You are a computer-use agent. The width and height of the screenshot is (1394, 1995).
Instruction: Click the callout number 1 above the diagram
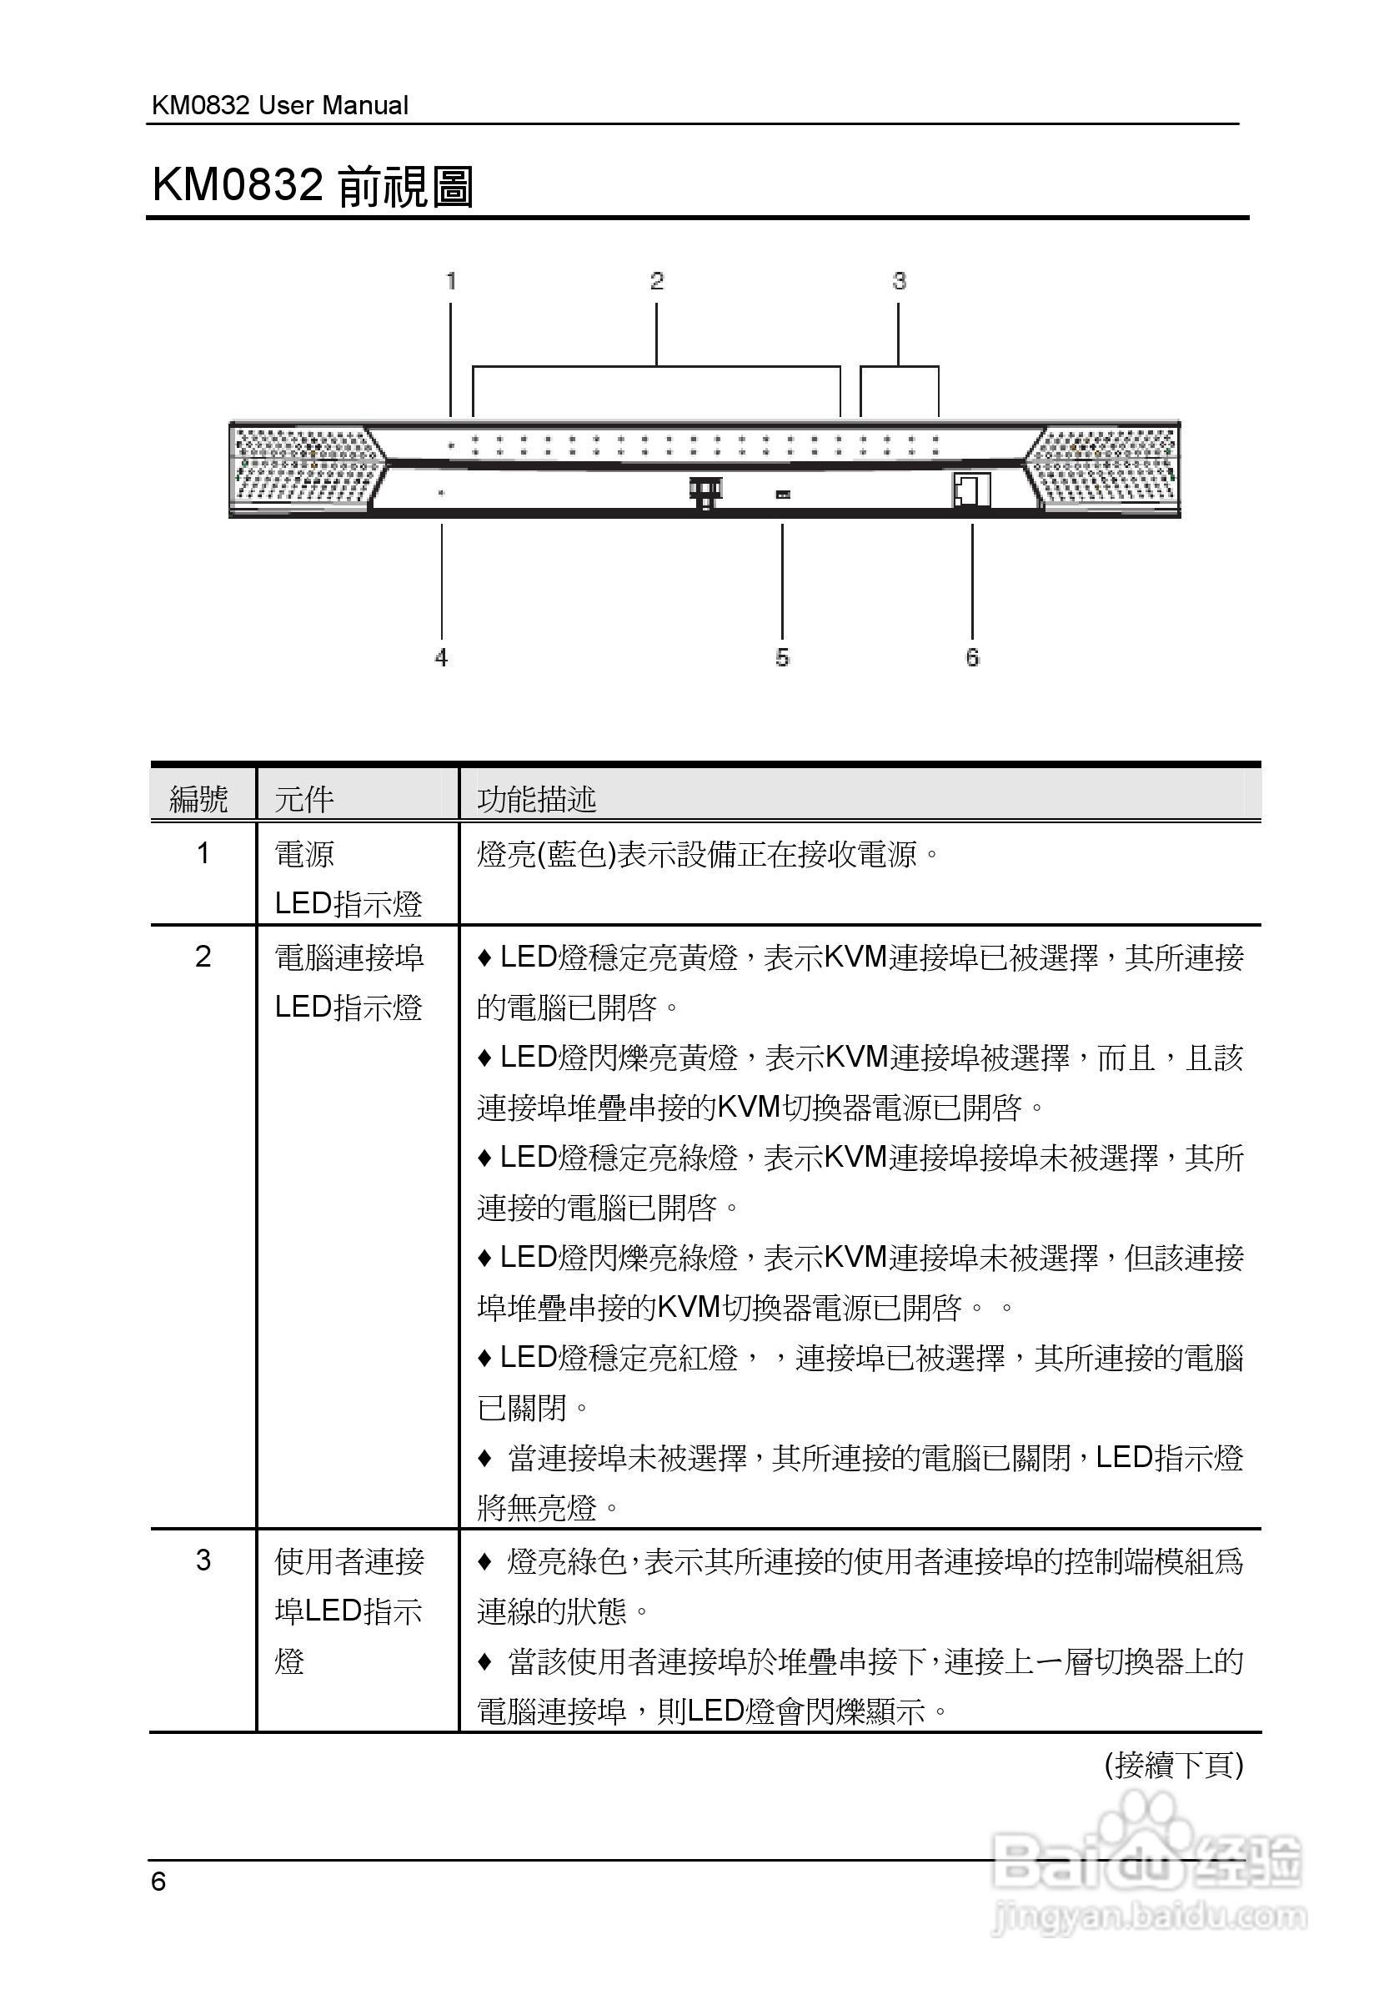pos(451,281)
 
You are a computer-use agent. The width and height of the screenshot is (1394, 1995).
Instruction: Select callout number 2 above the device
pos(657,281)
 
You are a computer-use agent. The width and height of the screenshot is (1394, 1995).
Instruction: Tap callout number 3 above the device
pos(899,281)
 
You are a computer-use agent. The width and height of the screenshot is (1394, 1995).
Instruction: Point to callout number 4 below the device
pos(441,658)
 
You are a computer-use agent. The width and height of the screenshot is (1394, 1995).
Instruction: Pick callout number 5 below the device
pos(783,658)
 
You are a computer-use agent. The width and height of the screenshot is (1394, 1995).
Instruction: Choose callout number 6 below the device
pos(972,658)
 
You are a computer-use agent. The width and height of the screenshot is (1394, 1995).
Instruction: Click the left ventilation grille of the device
pos(304,470)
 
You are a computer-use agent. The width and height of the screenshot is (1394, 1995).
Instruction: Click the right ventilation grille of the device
pos(1107,470)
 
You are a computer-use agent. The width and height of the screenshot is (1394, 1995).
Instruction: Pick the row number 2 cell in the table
pos(203,957)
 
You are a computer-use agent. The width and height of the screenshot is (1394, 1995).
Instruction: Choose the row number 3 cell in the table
pos(203,1560)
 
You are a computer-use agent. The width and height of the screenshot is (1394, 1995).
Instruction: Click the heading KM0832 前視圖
pos(313,186)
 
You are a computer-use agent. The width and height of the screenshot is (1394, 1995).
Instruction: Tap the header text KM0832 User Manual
pos(279,105)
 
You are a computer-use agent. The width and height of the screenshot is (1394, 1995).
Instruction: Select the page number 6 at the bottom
pos(158,1882)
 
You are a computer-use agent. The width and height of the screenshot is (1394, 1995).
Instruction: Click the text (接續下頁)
pos(1173,1765)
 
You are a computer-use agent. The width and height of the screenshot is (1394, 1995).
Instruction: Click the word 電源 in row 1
pos(304,854)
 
